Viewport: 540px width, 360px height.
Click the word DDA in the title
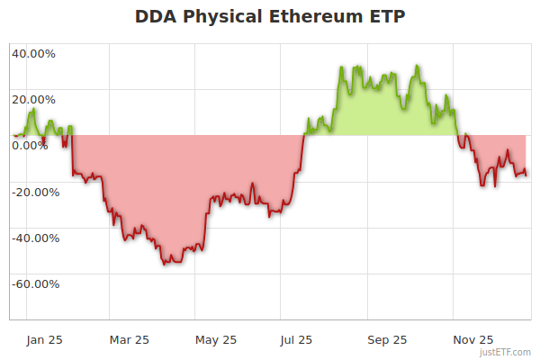tap(156, 17)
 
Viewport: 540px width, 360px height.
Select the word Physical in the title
tap(230, 17)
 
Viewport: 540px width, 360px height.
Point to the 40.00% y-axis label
tap(33, 53)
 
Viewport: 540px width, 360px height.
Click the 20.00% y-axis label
tap(33, 100)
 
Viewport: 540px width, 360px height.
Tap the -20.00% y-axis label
tap(33, 192)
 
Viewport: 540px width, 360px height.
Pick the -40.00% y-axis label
tap(33, 238)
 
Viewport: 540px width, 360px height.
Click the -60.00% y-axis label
tap(33, 284)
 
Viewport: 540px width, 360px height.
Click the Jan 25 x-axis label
tap(44, 339)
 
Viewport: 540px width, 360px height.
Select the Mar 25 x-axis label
tap(129, 339)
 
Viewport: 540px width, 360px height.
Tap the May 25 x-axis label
tap(216, 339)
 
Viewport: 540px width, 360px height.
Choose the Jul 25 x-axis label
tap(296, 339)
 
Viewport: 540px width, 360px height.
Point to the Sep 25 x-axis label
tap(386, 339)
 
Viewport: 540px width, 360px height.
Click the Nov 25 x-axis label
tap(472, 339)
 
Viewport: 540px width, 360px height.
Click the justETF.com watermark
tap(506, 353)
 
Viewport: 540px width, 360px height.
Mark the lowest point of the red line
tap(166, 264)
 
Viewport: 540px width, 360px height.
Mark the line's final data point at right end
tap(526, 175)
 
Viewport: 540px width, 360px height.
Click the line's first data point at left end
tap(13, 136)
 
